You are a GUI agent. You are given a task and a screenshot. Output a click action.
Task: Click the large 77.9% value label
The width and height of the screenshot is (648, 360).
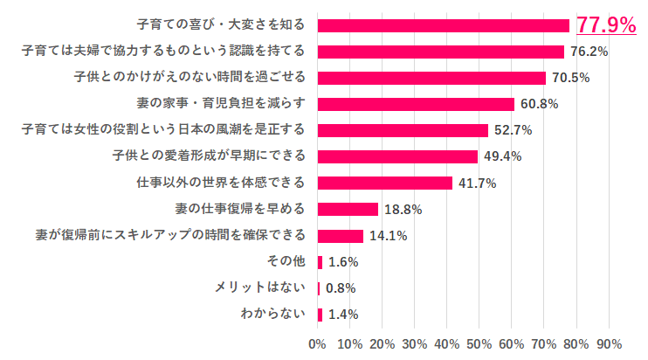click(x=606, y=25)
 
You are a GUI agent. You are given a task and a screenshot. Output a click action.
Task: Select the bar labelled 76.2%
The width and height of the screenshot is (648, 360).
click(x=441, y=52)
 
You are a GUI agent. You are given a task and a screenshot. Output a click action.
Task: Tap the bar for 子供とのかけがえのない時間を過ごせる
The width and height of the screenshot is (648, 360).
click(x=431, y=78)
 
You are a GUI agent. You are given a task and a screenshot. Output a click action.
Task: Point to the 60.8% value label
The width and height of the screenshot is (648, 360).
click(x=539, y=104)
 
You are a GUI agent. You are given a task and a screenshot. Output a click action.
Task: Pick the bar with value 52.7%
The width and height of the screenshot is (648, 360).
click(x=403, y=130)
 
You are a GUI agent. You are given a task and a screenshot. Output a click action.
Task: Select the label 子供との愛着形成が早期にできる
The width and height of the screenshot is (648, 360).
click(x=209, y=156)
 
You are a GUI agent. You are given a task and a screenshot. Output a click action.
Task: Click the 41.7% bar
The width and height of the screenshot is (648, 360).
click(x=385, y=183)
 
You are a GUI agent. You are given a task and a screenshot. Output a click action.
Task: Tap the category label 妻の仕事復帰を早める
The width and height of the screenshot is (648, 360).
click(x=242, y=209)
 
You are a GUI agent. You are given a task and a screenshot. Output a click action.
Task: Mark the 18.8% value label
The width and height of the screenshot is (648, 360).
click(x=403, y=210)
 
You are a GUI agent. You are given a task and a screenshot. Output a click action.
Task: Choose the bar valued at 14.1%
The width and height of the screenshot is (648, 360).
click(x=341, y=236)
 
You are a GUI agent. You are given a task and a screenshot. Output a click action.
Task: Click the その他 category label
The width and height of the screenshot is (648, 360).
click(x=286, y=262)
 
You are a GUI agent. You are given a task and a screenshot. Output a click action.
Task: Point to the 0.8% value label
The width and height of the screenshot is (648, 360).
click(x=341, y=288)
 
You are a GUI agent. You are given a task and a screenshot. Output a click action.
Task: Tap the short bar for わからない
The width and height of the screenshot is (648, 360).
click(x=321, y=315)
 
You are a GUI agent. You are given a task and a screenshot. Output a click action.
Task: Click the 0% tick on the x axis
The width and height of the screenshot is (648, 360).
click(x=318, y=343)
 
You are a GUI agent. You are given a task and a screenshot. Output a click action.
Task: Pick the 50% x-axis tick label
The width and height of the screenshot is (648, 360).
click(x=479, y=343)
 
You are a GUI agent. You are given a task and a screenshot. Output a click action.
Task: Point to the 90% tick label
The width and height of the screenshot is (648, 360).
click(x=608, y=343)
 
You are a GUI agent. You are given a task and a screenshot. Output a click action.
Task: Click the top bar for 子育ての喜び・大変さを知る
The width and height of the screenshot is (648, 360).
click(x=444, y=25)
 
